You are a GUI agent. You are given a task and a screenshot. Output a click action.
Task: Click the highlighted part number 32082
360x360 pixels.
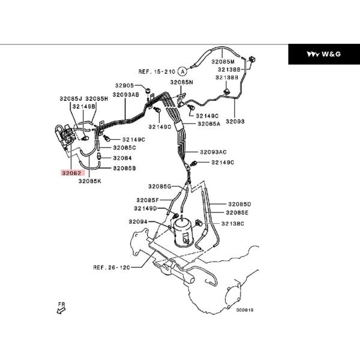click(x=70, y=172)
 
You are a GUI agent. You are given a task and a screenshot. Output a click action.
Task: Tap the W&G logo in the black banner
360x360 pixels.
click(x=324, y=54)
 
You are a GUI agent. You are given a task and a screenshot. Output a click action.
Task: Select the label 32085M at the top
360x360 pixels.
click(x=223, y=61)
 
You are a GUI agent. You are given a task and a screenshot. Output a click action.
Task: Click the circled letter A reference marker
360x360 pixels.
click(x=181, y=71)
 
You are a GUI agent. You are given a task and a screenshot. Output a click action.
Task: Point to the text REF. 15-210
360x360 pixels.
click(x=155, y=71)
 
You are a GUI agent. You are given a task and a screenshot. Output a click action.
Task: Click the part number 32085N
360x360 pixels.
click(x=181, y=82)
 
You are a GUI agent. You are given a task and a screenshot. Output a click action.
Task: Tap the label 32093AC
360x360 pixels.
click(x=214, y=152)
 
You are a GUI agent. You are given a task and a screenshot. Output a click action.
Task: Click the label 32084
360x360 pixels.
click(x=122, y=158)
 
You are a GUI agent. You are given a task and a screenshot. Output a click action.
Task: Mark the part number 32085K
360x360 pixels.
click(x=89, y=180)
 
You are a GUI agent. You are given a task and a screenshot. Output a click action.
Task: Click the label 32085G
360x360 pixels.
click(x=160, y=187)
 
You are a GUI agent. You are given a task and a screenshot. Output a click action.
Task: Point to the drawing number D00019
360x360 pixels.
click(x=245, y=310)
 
